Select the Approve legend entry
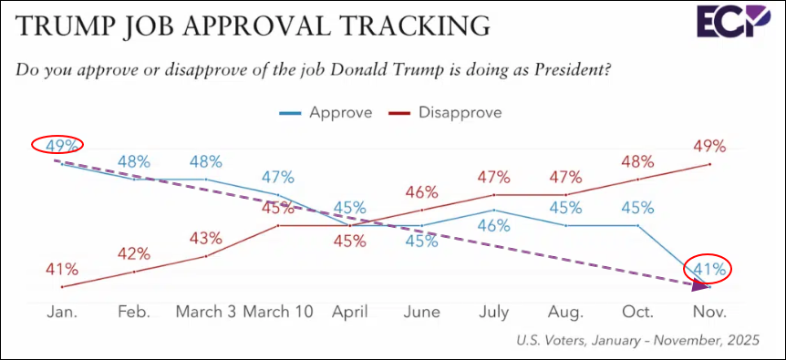pos(326,112)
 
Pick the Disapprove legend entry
pos(445,112)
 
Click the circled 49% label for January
pos(62,145)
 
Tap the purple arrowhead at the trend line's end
pos(699,286)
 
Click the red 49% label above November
pos(709,147)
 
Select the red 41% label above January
pos(62,270)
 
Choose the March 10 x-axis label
pos(278,312)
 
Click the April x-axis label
pos(350,313)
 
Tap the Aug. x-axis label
pos(565,313)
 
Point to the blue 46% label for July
pos(493,226)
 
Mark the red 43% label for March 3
pos(205,239)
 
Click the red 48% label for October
pos(637,161)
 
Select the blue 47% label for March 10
pos(278,177)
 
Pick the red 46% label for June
pos(421,192)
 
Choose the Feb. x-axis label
pos(134,312)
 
